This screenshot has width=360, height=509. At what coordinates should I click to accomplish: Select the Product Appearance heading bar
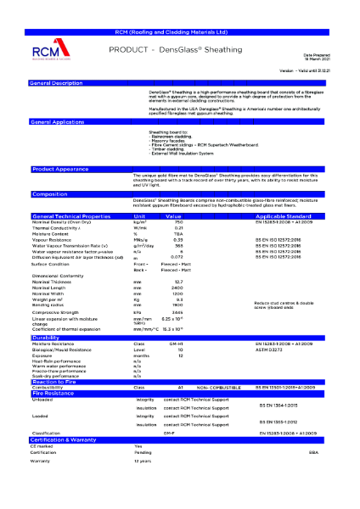(60, 169)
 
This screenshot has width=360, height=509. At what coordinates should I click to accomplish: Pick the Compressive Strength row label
(60, 313)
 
